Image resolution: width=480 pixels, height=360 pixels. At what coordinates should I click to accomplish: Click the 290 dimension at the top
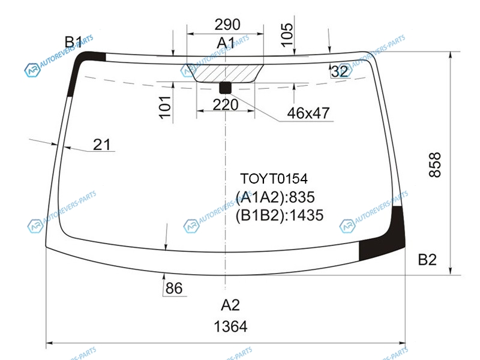227,25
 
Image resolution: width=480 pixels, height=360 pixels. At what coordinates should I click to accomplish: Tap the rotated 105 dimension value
287,35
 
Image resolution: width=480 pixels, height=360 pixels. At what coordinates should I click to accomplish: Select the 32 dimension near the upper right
340,71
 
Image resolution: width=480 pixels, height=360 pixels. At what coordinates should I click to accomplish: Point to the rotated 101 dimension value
164,107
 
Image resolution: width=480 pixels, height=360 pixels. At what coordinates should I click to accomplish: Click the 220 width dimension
226,105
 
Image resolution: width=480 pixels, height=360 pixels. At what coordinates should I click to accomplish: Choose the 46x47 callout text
308,113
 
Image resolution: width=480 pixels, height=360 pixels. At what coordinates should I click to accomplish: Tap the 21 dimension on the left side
101,145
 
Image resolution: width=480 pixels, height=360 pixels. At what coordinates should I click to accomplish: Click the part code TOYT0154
274,179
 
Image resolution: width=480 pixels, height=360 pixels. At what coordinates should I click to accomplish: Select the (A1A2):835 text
275,197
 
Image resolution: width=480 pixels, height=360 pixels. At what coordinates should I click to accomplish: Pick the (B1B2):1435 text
279,215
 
